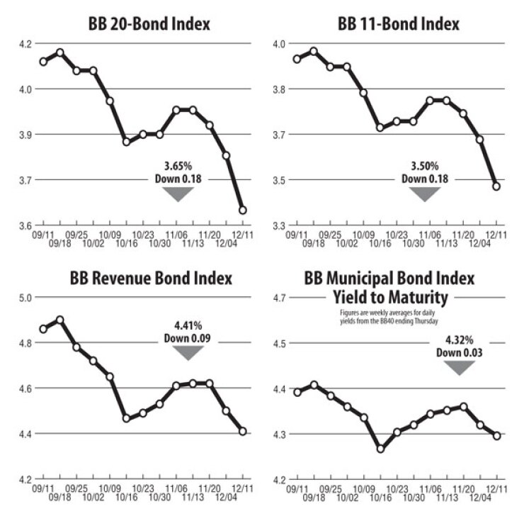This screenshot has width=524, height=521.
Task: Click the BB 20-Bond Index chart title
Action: point(140,25)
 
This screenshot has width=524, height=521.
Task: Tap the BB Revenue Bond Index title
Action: point(150,279)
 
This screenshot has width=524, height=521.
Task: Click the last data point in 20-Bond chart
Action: point(242,211)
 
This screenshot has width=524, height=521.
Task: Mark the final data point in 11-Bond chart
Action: point(496,186)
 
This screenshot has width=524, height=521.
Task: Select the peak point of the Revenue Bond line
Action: point(60,320)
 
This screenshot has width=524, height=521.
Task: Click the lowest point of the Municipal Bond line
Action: point(380,449)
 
